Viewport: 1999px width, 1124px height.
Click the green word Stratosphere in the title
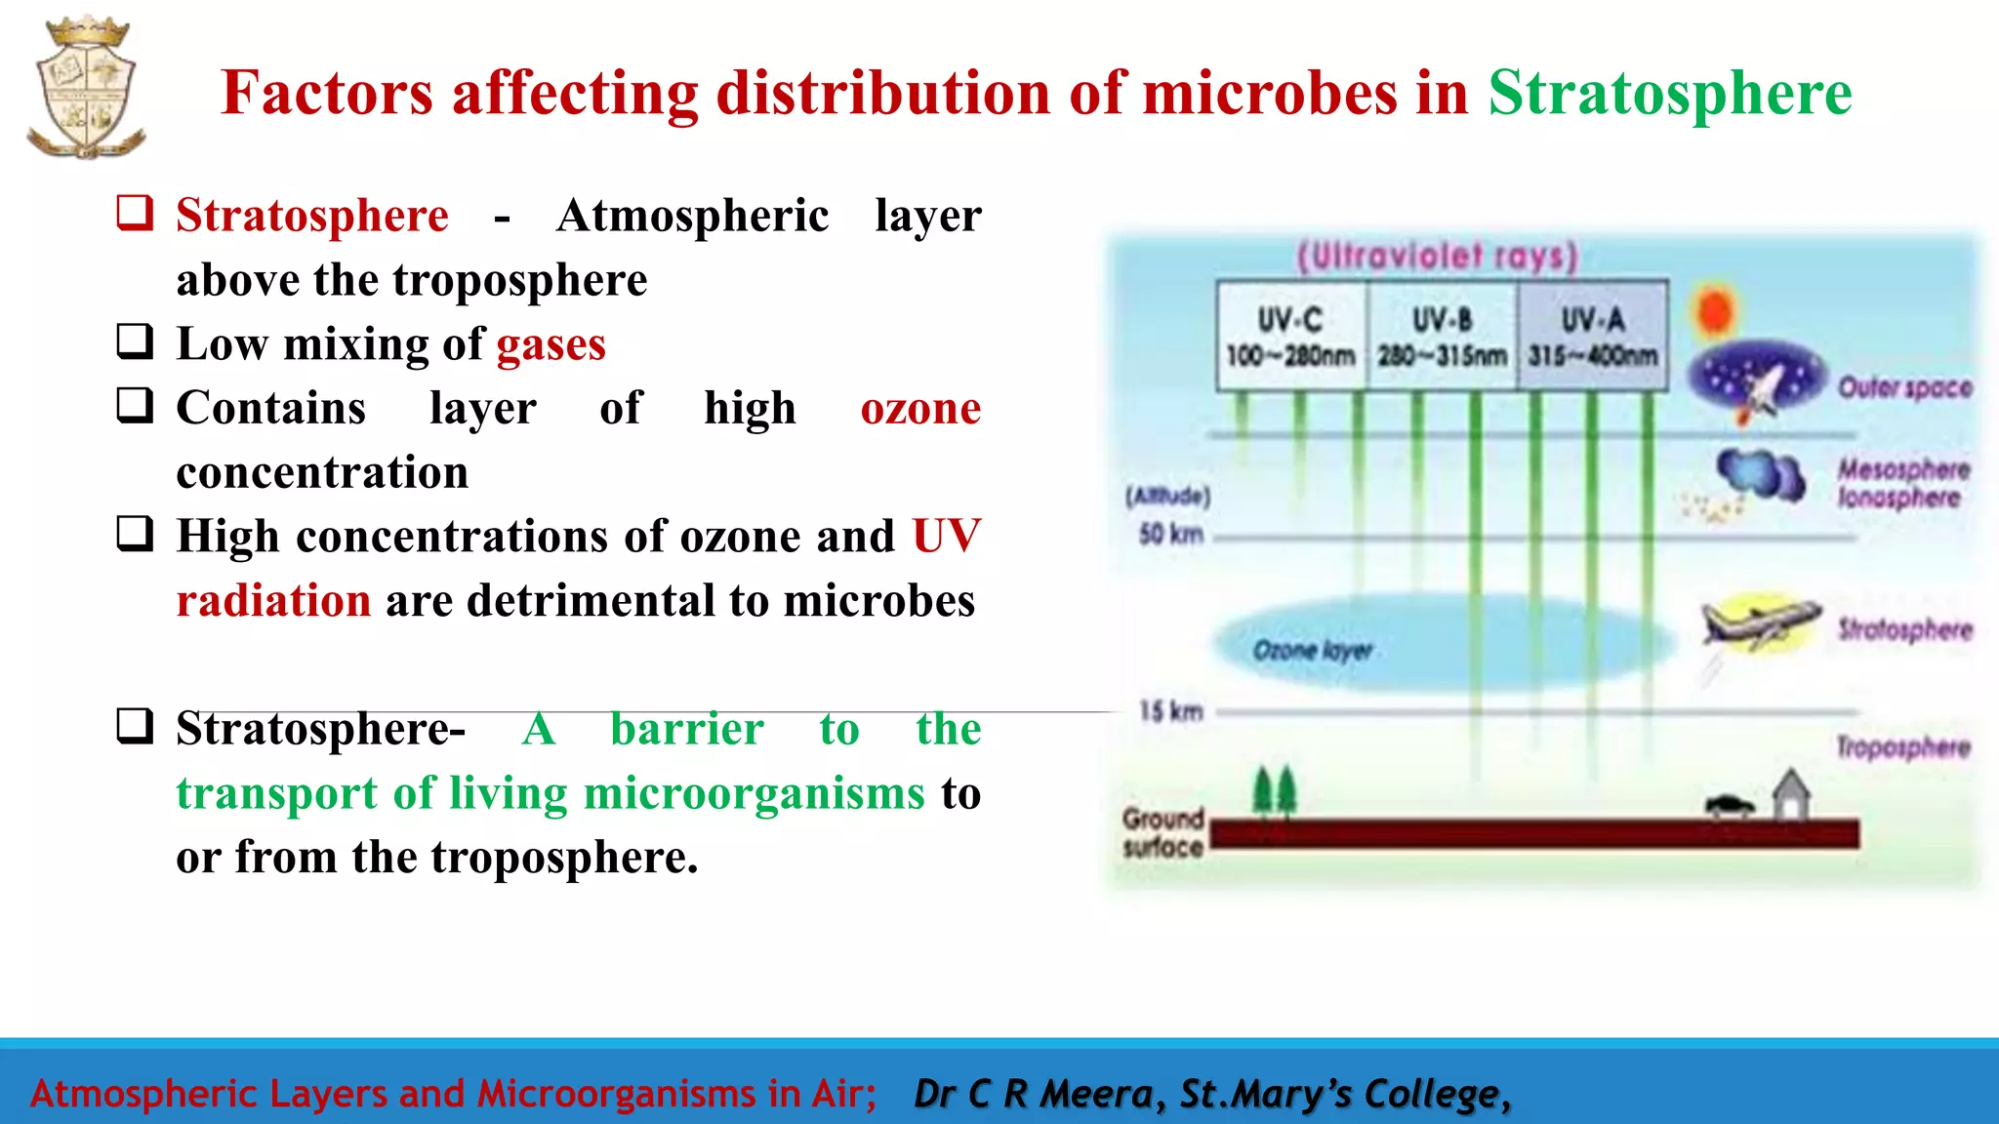pyautogui.click(x=1669, y=94)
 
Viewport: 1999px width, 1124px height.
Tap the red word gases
pyautogui.click(x=551, y=344)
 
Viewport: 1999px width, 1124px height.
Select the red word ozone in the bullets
pyautogui.click(x=920, y=409)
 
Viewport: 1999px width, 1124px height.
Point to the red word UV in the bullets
pyautogui.click(x=946, y=537)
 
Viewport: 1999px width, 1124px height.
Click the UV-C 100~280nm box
pyautogui.click(x=1290, y=337)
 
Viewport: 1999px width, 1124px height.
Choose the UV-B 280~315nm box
pyautogui.click(x=1442, y=337)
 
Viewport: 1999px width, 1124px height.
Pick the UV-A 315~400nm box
pyautogui.click(x=1593, y=337)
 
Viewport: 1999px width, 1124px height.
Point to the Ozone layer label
pyautogui.click(x=1313, y=650)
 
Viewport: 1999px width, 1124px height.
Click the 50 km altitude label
pyautogui.click(x=1170, y=535)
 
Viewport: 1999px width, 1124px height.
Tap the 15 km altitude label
pyautogui.click(x=1171, y=711)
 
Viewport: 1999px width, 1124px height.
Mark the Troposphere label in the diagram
pyautogui.click(x=1903, y=747)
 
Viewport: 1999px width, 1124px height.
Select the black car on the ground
pyautogui.click(x=1730, y=806)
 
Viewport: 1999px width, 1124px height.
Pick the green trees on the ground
pyautogui.click(x=1274, y=790)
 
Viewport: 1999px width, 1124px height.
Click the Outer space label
pyautogui.click(x=1904, y=388)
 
